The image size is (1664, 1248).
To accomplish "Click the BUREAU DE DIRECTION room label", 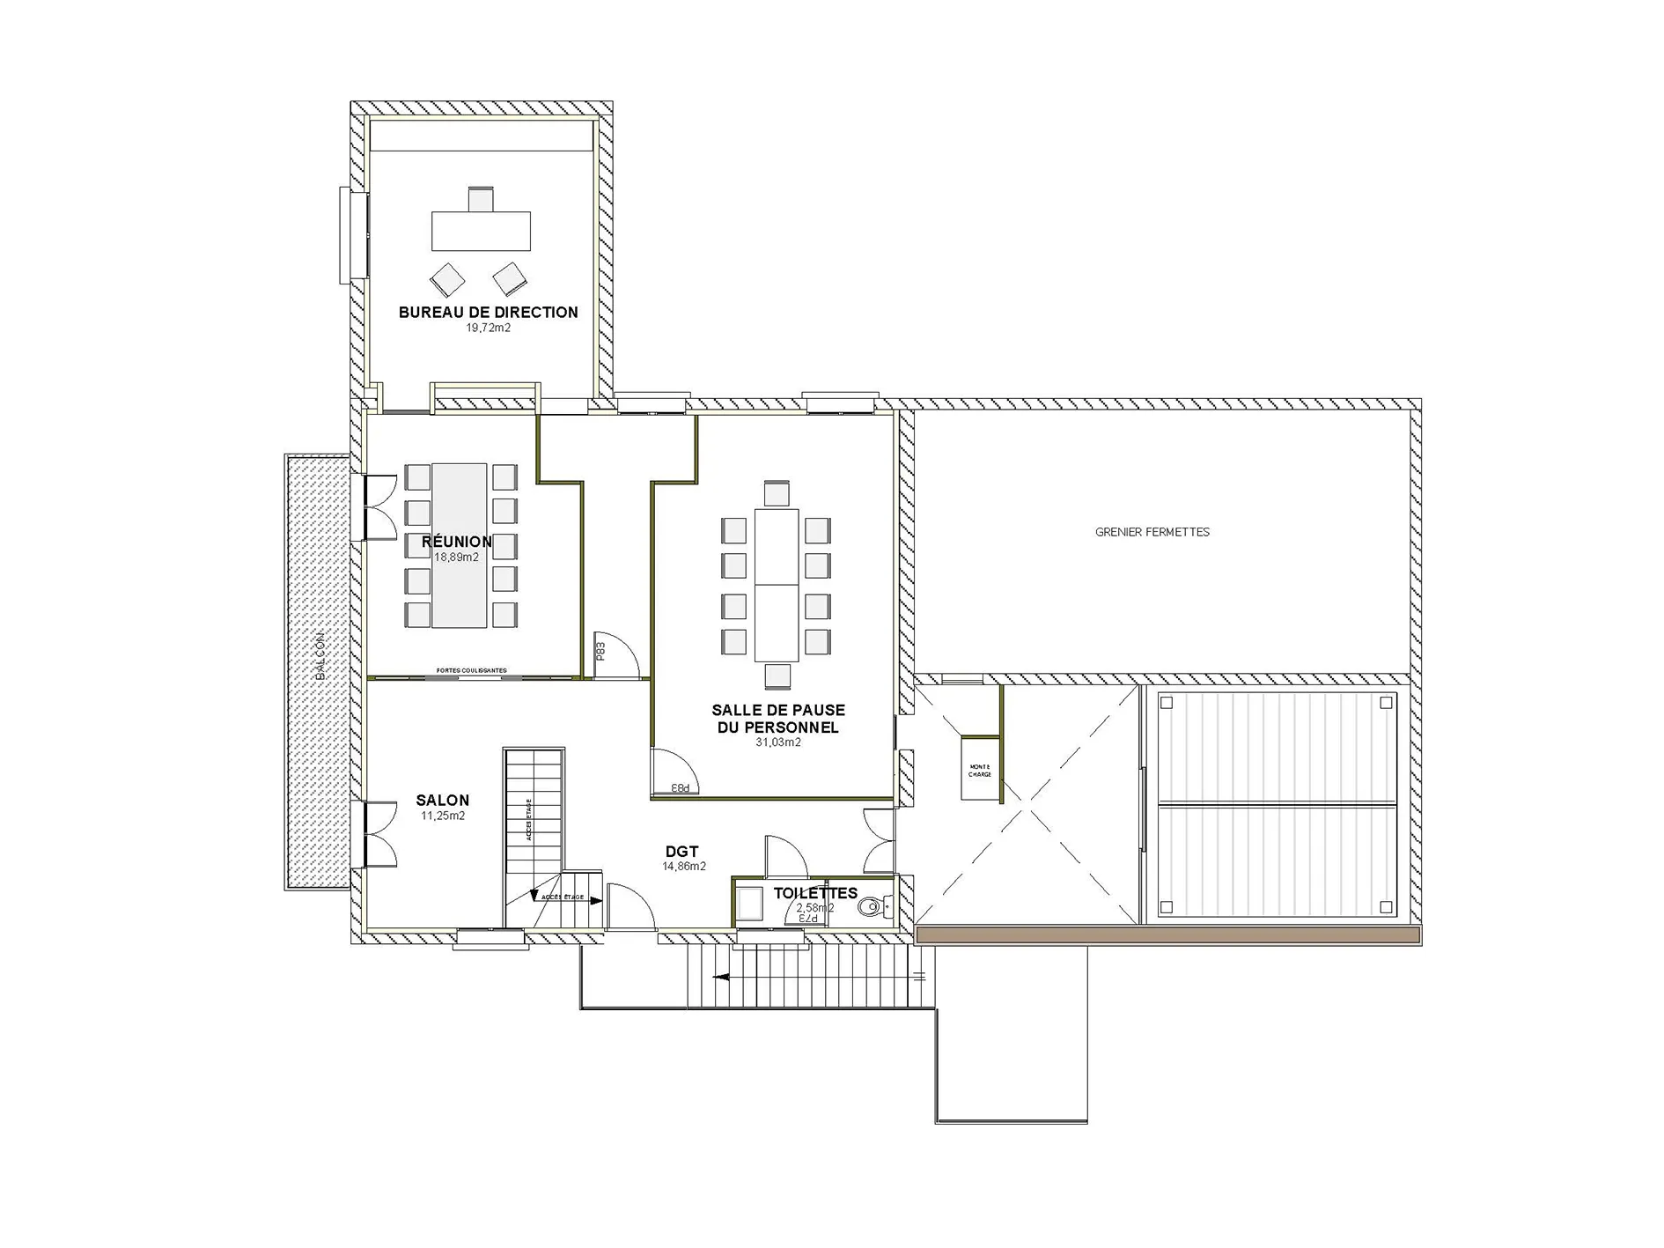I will tap(488, 312).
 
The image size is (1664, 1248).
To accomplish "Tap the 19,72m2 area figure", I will tap(488, 329).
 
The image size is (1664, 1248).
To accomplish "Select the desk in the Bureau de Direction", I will tap(481, 231).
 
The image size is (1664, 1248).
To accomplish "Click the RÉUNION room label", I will tap(456, 542).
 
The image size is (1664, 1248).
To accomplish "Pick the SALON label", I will tap(442, 801).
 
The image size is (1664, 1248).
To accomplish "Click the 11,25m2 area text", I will tap(442, 816).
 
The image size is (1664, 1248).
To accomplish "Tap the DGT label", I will tap(682, 852).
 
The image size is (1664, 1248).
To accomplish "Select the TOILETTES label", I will tap(814, 893).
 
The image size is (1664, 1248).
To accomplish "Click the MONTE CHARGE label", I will tap(979, 771).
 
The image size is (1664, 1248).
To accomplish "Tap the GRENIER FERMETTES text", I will tap(1152, 532).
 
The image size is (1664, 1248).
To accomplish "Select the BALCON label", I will tap(320, 655).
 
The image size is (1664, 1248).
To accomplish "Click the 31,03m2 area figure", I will tap(777, 742).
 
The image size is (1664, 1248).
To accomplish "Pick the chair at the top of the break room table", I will tap(777, 492).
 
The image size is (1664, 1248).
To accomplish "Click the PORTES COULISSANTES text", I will tap(472, 670).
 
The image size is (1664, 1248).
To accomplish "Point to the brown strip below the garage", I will tap(1167, 935).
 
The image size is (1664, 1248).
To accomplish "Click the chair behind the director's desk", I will tap(481, 199).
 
